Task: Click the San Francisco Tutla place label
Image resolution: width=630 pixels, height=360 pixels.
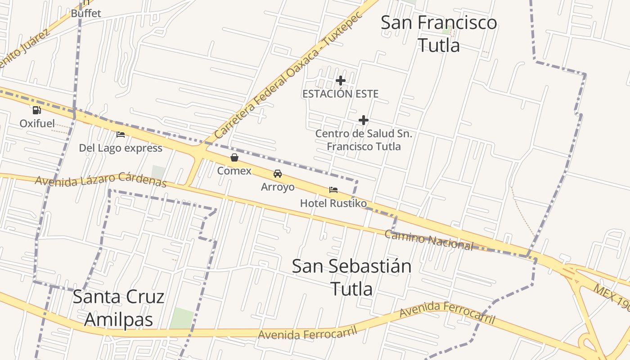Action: (x=439, y=34)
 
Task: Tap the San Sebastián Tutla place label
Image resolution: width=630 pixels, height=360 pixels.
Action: (x=351, y=277)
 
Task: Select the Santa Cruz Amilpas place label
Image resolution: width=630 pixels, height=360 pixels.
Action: (x=119, y=308)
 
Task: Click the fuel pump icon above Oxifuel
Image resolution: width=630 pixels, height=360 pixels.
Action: (x=36, y=110)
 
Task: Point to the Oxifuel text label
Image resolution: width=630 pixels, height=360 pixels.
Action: (x=37, y=123)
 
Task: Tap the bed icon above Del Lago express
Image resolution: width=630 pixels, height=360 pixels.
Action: (x=120, y=134)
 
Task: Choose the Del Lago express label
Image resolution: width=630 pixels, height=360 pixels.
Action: (x=121, y=148)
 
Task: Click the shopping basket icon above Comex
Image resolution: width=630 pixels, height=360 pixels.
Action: (x=234, y=157)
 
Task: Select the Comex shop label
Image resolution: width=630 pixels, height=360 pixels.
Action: (x=234, y=171)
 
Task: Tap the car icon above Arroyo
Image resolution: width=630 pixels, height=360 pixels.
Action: (x=278, y=174)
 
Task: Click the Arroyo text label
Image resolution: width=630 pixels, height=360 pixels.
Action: (x=278, y=187)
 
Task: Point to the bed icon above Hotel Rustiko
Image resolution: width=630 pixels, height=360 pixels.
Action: (x=333, y=190)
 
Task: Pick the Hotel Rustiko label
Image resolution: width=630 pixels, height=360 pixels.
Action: (x=333, y=203)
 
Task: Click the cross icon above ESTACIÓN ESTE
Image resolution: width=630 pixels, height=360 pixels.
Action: (x=341, y=81)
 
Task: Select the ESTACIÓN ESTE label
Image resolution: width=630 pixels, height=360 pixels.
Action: (x=340, y=94)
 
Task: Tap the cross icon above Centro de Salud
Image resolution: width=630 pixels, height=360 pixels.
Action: (x=364, y=120)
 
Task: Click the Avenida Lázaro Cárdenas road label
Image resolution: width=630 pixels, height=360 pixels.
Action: (x=101, y=180)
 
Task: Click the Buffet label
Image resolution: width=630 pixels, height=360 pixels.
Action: (x=86, y=13)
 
